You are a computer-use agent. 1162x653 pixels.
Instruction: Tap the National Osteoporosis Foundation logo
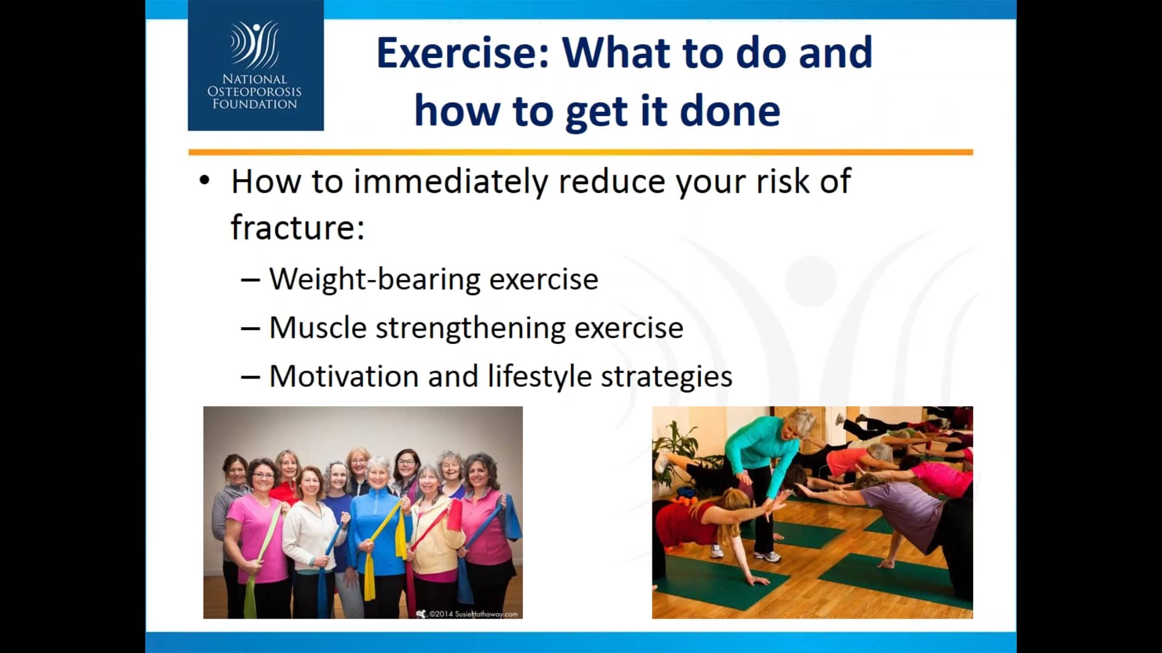(x=255, y=65)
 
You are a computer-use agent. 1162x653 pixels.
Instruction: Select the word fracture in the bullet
(x=298, y=227)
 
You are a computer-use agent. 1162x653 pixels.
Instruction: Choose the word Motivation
(x=344, y=376)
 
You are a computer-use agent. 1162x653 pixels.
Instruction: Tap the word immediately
(x=450, y=182)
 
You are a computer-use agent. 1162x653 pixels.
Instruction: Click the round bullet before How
(x=205, y=181)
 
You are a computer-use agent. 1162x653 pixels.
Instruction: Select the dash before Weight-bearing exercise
(x=251, y=280)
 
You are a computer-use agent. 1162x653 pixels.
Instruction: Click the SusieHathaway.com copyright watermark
(x=467, y=614)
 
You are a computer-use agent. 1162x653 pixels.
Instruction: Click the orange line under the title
(x=580, y=152)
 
